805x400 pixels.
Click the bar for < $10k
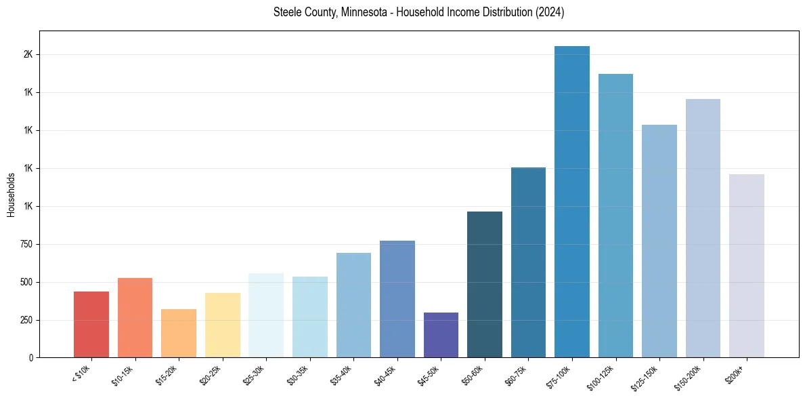pyautogui.click(x=91, y=324)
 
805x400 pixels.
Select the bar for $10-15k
pyautogui.click(x=135, y=317)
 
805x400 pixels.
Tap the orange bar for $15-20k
pyautogui.click(x=179, y=333)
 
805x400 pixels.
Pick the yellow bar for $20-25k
pyautogui.click(x=223, y=325)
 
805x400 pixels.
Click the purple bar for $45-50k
pyautogui.click(x=441, y=335)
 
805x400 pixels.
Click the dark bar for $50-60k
pyautogui.click(x=485, y=284)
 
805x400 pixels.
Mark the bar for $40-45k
pyautogui.click(x=397, y=299)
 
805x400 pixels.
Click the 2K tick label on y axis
pyautogui.click(x=28, y=54)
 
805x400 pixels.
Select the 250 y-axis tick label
pyautogui.click(x=26, y=320)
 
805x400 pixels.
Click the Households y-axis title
pyautogui.click(x=12, y=195)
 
